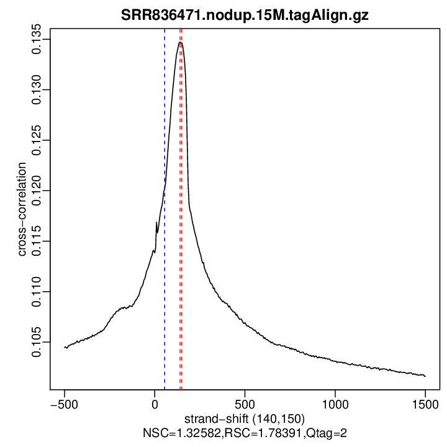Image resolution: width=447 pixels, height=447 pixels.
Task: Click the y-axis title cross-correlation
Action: point(22,209)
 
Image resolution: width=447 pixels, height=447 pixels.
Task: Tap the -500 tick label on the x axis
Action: point(64,404)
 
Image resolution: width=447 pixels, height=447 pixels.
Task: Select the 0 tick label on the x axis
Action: point(155,404)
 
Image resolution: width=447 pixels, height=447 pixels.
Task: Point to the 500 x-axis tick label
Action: point(245,404)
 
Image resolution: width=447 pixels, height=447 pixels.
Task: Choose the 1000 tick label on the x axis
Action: point(335,404)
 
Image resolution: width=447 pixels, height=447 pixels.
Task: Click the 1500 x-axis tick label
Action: point(425,404)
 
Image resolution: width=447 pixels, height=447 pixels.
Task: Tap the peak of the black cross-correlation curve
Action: point(180,42)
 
